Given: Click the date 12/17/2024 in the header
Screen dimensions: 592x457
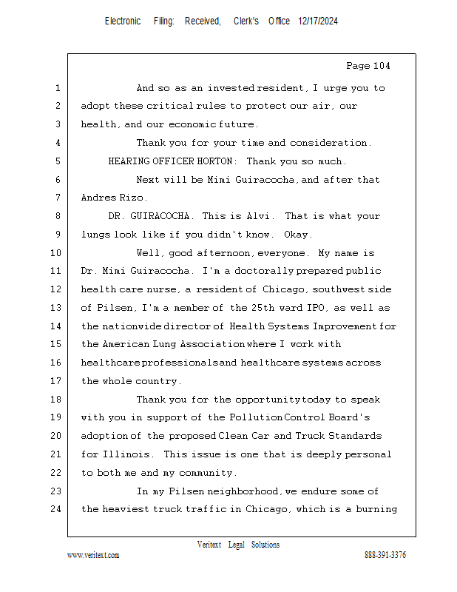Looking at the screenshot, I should pos(319,21).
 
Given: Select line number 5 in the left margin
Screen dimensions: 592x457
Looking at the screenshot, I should pos(57,161).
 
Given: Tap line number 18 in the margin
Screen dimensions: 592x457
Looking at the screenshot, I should pos(57,400).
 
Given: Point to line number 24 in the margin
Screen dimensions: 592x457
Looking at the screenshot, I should pos(57,509).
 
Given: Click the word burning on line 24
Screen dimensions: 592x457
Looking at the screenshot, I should pos(377,509).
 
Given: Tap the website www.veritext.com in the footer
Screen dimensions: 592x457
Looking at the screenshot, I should pos(93,556).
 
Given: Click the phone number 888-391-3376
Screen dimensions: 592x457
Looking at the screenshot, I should pos(385,556).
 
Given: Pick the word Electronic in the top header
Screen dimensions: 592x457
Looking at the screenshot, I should pos(123,21).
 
